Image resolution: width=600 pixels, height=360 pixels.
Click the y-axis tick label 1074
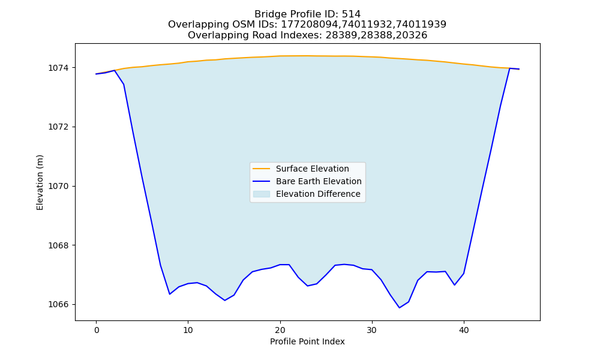click(59, 68)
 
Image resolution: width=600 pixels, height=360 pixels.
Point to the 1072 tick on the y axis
click(59, 127)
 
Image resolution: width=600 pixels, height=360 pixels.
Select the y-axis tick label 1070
click(59, 187)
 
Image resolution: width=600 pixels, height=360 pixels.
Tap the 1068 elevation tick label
click(59, 245)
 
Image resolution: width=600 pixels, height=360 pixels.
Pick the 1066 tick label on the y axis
click(59, 305)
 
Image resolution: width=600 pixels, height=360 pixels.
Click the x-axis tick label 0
click(97, 331)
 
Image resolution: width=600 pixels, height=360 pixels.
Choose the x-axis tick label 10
click(188, 331)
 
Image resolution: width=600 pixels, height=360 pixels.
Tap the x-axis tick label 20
click(280, 331)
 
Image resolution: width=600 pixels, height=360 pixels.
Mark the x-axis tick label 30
click(372, 331)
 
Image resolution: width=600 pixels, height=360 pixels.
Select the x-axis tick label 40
click(464, 331)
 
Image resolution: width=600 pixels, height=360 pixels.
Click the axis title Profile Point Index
click(307, 341)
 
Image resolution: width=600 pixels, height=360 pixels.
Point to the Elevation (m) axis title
click(40, 182)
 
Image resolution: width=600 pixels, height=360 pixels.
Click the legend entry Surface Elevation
click(312, 169)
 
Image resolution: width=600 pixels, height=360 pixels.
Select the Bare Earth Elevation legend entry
click(319, 181)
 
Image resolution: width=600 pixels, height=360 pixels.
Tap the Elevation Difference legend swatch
click(262, 194)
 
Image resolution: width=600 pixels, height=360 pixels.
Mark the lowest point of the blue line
click(400, 308)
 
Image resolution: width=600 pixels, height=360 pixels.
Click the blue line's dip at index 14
click(224, 301)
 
